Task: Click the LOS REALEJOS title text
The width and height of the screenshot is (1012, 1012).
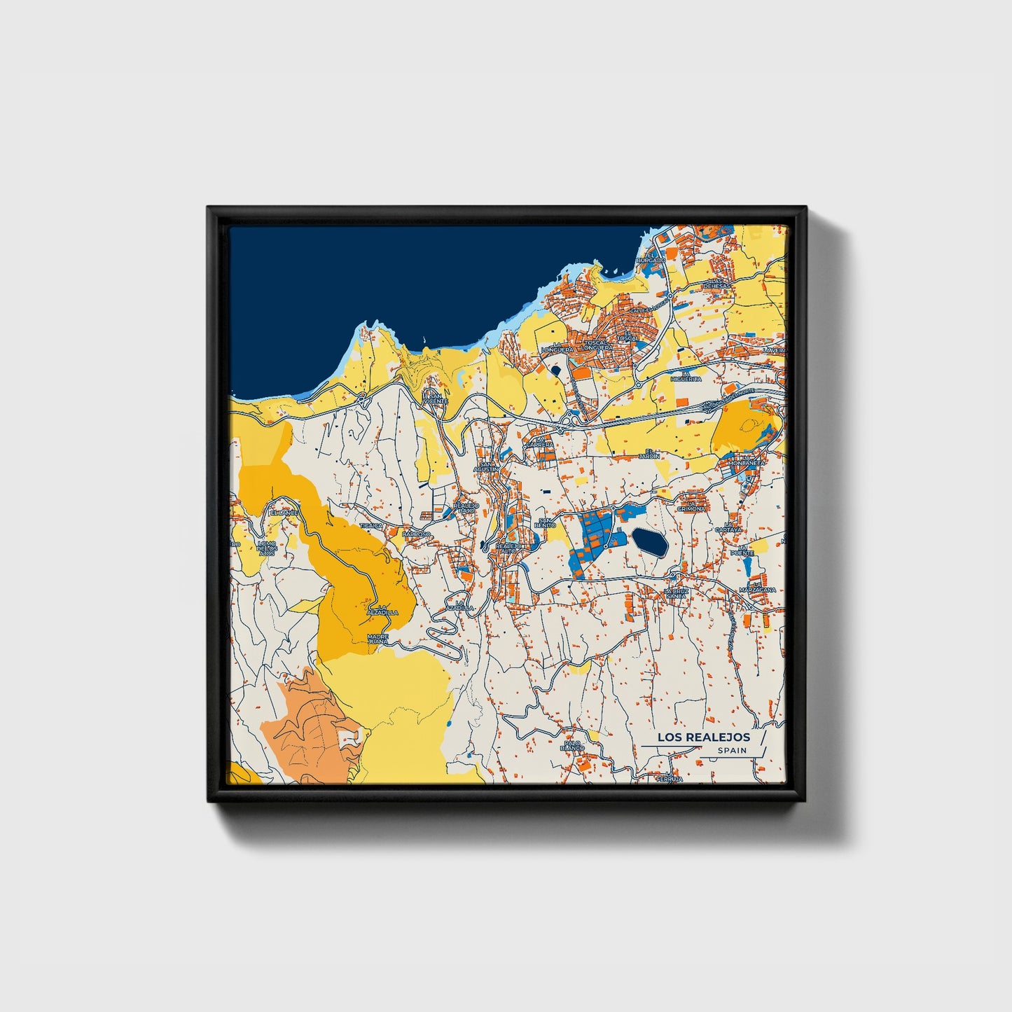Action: coord(703,737)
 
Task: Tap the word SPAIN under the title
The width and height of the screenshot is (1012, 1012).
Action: coord(731,751)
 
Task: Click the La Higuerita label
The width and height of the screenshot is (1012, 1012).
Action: coord(686,377)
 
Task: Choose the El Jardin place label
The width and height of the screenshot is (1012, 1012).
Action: coord(653,454)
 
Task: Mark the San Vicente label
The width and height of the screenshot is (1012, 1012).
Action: coord(434,398)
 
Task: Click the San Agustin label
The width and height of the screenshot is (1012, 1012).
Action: coord(485,466)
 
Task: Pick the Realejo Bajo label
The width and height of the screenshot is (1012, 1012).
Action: coord(466,507)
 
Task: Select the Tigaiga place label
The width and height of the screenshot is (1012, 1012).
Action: coord(371,525)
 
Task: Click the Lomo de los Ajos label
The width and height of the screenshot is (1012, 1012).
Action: coord(267,548)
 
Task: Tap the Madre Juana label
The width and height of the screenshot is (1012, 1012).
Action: coord(378,639)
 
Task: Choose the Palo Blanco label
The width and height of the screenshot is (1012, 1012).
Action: coord(572,745)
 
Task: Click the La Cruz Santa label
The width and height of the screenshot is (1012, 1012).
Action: coord(677,593)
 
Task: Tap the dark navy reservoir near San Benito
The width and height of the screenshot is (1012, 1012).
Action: coord(649,542)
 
